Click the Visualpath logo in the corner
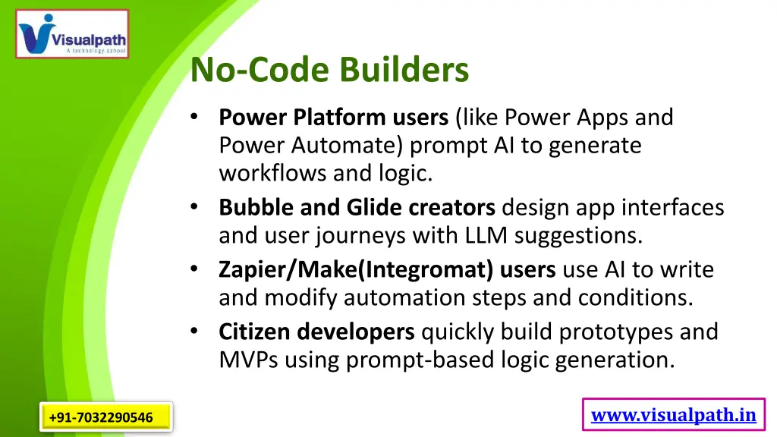pos(72,34)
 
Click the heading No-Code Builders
pos(329,71)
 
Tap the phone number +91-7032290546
pos(101,417)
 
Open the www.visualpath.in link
pos(673,414)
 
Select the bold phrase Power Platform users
pos(333,118)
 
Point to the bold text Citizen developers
pos(316,332)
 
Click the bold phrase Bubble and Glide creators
pos(357,207)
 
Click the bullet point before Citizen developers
pos(195,332)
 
